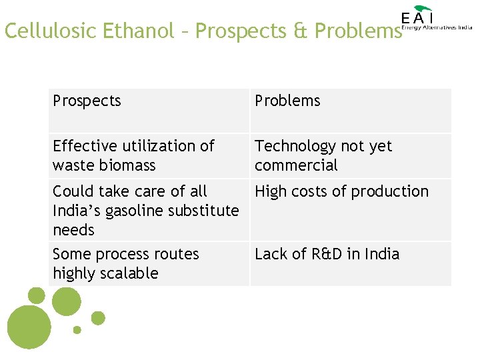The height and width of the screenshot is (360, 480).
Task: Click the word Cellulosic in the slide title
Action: point(51,31)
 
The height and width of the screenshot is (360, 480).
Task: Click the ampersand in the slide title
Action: point(298,31)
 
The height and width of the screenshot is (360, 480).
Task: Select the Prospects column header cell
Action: point(149,111)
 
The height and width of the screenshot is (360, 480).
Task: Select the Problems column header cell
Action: point(350,111)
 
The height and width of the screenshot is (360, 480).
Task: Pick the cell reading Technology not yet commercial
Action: point(350,155)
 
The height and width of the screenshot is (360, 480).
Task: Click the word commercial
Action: point(296,165)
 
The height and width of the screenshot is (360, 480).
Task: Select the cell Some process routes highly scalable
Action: point(149,263)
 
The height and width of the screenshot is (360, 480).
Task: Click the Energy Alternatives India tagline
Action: point(437,28)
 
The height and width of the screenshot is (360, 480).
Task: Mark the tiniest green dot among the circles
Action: point(77,329)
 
